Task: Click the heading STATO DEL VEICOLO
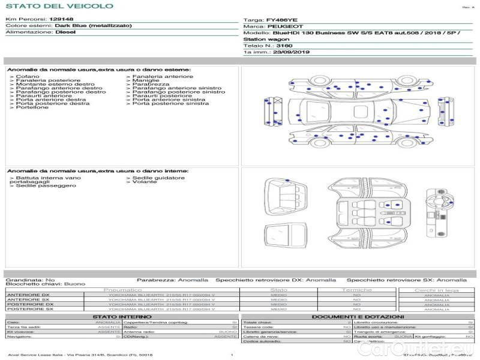point(59,6)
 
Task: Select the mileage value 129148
point(61,19)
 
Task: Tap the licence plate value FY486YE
point(282,20)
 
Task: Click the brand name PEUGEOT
point(281,27)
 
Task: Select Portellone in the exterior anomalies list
point(32,107)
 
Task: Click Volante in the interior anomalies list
point(145,182)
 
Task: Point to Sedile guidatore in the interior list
point(158,178)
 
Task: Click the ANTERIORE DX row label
point(28,295)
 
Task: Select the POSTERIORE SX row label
point(29,309)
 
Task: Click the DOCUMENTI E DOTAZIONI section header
point(358,316)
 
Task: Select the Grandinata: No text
point(31,280)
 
